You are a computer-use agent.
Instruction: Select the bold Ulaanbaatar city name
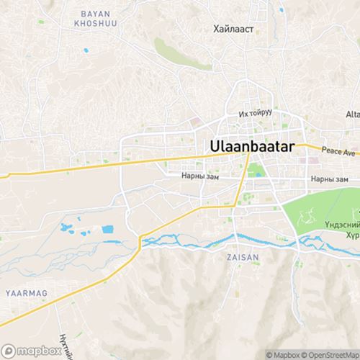tap(256, 145)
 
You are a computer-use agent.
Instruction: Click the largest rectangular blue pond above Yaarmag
tap(108, 230)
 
